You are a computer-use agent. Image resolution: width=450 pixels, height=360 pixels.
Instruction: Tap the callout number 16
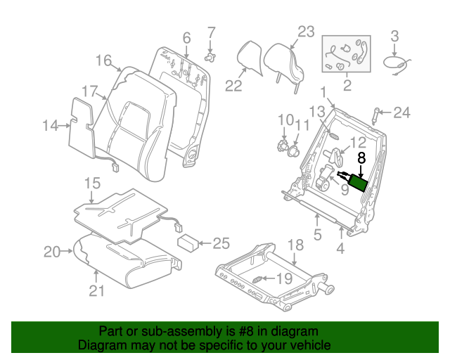[x=103, y=60]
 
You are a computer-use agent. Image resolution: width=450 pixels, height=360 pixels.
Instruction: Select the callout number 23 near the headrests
[x=306, y=32]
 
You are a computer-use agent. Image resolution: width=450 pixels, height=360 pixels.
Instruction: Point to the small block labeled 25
[x=187, y=243]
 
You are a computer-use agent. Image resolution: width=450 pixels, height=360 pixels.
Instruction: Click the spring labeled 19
[x=258, y=281]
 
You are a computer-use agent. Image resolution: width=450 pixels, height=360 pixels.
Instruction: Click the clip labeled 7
[x=209, y=53]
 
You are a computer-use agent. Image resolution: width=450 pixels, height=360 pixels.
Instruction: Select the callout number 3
[x=394, y=36]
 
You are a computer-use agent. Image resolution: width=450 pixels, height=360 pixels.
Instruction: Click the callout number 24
[x=401, y=112]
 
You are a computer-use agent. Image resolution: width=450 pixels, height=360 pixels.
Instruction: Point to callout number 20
[x=52, y=251]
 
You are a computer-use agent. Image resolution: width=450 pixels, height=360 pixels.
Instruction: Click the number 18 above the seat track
[x=296, y=245]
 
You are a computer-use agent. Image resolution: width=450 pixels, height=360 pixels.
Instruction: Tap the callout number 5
[x=317, y=236]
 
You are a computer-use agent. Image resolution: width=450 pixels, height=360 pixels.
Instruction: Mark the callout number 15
[x=93, y=184]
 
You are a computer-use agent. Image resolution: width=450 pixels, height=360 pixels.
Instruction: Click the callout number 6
[x=186, y=37]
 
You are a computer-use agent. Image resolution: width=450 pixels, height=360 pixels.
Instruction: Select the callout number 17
[x=89, y=91]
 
